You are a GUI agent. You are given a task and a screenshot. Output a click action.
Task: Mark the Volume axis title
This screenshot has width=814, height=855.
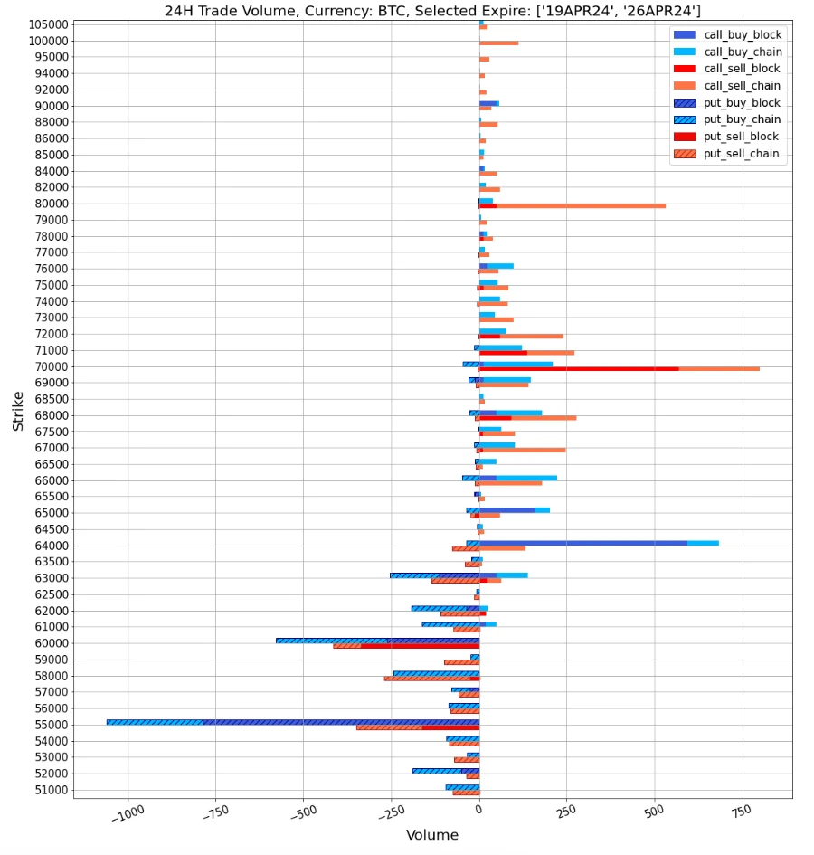(431, 835)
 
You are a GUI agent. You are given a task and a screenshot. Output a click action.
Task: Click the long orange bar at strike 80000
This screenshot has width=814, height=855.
(579, 206)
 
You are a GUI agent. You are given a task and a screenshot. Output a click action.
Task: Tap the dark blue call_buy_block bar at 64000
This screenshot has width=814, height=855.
(583, 543)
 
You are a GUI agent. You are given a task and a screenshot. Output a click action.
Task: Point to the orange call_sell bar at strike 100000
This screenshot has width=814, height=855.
(499, 43)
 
